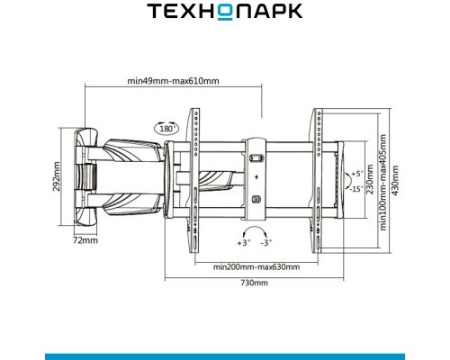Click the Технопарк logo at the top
tap(224, 12)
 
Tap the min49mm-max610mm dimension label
tap(173, 81)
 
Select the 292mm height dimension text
tap(56, 176)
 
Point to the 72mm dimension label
tap(85, 240)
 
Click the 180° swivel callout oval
tap(166, 128)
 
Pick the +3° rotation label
tap(243, 243)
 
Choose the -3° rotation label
tap(266, 242)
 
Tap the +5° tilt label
tap(357, 174)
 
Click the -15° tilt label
tap(356, 189)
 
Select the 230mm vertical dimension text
tap(370, 179)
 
